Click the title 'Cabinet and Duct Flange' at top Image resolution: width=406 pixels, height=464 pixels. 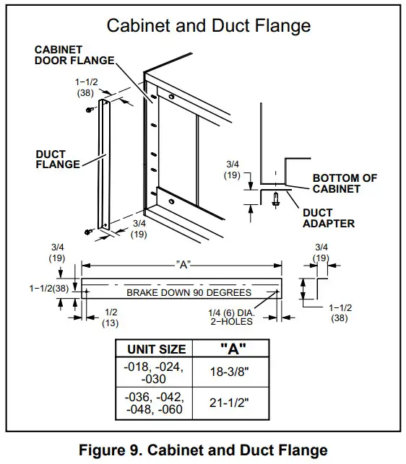tap(209, 26)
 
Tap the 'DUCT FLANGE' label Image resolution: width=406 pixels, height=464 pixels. tap(57, 159)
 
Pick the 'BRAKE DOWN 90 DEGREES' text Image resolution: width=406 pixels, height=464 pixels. tap(189, 292)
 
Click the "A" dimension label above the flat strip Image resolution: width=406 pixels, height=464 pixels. tap(183, 265)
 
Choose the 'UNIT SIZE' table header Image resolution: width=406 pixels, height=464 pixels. tap(156, 349)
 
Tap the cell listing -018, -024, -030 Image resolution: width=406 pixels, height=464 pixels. tap(153, 373)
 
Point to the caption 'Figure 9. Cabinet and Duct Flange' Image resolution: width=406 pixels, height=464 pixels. tap(203, 451)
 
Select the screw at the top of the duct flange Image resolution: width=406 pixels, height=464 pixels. tap(88, 109)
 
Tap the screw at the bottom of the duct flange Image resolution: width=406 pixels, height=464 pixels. tap(88, 231)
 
